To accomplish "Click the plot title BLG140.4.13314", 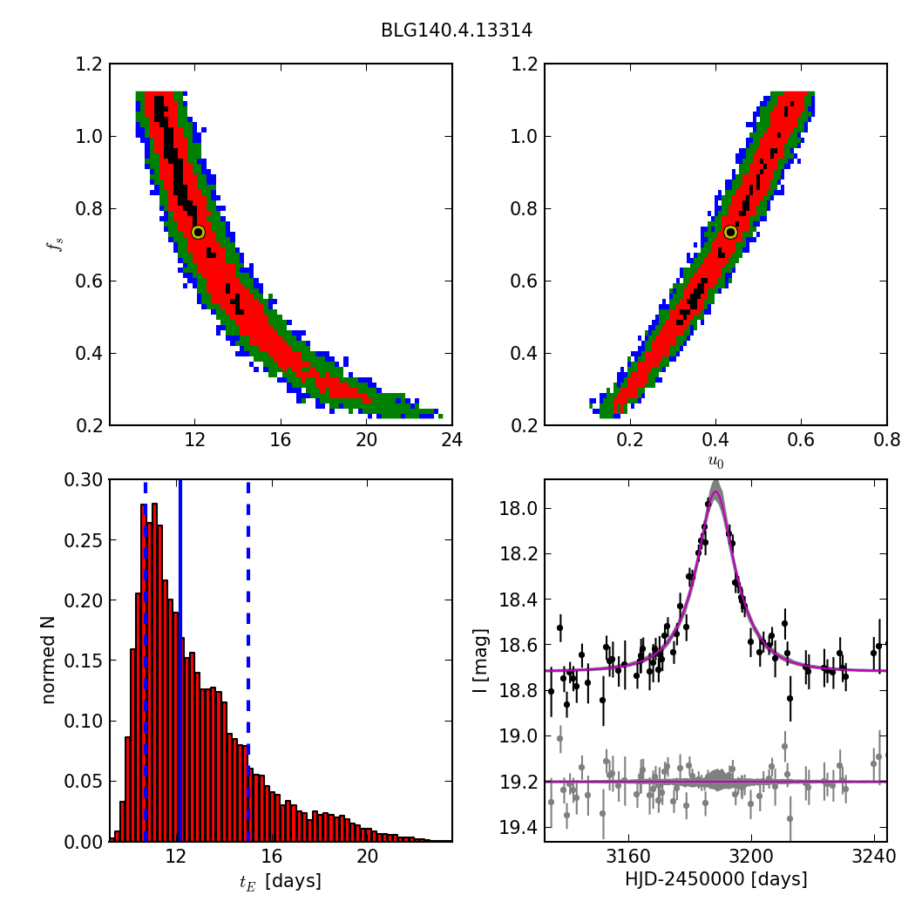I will (456, 30).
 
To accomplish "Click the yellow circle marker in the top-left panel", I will (198, 232).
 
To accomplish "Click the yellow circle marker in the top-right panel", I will (730, 232).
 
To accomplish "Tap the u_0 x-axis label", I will (715, 463).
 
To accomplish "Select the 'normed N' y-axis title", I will (50, 660).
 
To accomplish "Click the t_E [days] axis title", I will (281, 881).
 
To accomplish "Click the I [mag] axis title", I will (480, 660).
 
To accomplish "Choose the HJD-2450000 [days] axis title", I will (715, 880).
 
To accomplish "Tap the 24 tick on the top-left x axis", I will (451, 440).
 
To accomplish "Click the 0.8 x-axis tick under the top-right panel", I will (886, 440).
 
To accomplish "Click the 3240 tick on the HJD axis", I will (874, 857).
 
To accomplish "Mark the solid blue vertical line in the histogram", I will (180, 660).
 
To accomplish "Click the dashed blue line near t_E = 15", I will (248, 660).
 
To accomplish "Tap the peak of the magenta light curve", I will (715, 492).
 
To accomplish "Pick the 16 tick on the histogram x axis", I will (271, 857).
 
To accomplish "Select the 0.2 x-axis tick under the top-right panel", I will (630, 440).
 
